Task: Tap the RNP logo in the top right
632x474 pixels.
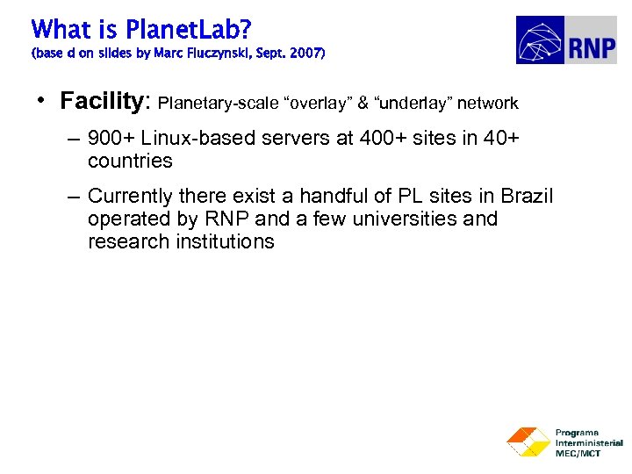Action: (x=565, y=40)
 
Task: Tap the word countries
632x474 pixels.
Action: (x=130, y=162)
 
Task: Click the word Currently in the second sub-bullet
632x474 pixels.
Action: (x=131, y=196)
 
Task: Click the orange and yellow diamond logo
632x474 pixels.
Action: (x=528, y=442)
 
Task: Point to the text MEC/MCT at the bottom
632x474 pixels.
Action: (x=579, y=453)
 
